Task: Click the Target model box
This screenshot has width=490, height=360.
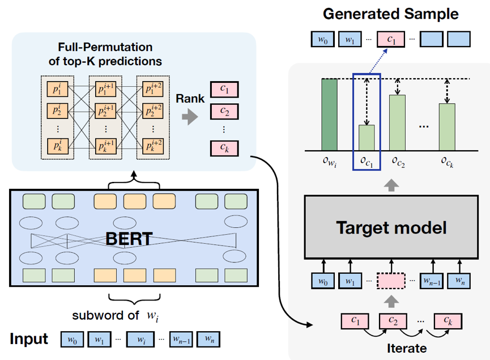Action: tap(391, 227)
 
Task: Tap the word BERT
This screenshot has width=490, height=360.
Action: tap(129, 239)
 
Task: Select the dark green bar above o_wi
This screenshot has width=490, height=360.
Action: tap(329, 115)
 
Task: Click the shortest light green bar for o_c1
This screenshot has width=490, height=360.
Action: tap(367, 138)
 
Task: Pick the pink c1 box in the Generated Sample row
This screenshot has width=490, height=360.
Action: tap(391, 39)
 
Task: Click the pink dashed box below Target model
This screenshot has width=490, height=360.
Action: tap(391, 281)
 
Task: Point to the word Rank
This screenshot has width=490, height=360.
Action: tap(190, 99)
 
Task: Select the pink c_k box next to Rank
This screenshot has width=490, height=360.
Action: tap(224, 149)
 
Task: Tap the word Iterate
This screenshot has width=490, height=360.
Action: tap(407, 348)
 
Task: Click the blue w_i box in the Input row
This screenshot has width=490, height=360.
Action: tap(140, 340)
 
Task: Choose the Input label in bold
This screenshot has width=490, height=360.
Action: tap(29, 339)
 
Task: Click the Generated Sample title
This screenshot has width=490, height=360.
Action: tap(391, 14)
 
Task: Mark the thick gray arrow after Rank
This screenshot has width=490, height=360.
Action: tap(190, 117)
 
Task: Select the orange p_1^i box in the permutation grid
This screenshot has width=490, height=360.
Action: tap(58, 89)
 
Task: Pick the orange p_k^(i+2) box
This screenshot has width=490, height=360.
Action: tap(153, 146)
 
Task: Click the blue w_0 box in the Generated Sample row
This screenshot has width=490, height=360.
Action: tap(323, 39)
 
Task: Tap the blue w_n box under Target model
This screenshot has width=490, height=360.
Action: tap(459, 281)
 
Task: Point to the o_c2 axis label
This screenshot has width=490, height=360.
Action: tap(398, 162)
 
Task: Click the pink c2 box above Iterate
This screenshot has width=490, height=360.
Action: tap(393, 321)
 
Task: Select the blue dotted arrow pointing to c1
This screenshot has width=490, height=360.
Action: tap(378, 62)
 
